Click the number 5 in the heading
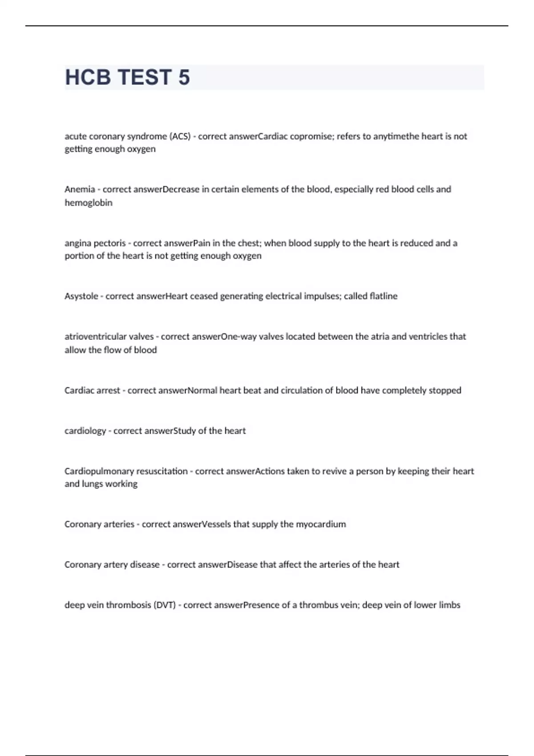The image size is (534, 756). (184, 77)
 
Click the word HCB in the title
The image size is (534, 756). (88, 77)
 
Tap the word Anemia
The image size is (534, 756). (80, 189)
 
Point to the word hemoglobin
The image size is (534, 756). (89, 203)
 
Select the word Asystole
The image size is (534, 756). (81, 296)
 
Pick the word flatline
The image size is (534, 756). (384, 296)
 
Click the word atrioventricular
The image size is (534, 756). (109, 337)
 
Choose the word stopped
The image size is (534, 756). (445, 390)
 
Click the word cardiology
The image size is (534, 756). (85, 431)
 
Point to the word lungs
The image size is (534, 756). (92, 484)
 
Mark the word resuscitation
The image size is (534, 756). (162, 471)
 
